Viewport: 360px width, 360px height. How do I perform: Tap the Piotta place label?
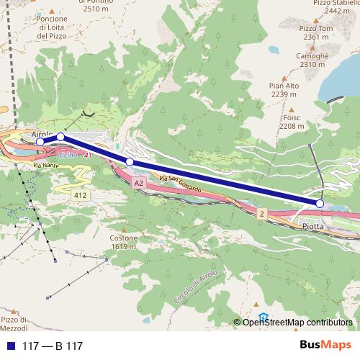(x=313, y=225)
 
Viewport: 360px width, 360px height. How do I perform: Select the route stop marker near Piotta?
(x=320, y=204)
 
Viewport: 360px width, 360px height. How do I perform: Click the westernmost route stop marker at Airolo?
(x=40, y=142)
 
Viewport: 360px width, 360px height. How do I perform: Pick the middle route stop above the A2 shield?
(x=130, y=162)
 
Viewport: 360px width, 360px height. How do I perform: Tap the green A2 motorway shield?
(x=138, y=184)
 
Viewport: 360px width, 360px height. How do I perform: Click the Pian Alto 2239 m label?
(x=283, y=89)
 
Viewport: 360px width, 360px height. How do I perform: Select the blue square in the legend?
(x=7, y=346)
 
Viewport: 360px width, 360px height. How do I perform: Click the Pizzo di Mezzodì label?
(x=16, y=323)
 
